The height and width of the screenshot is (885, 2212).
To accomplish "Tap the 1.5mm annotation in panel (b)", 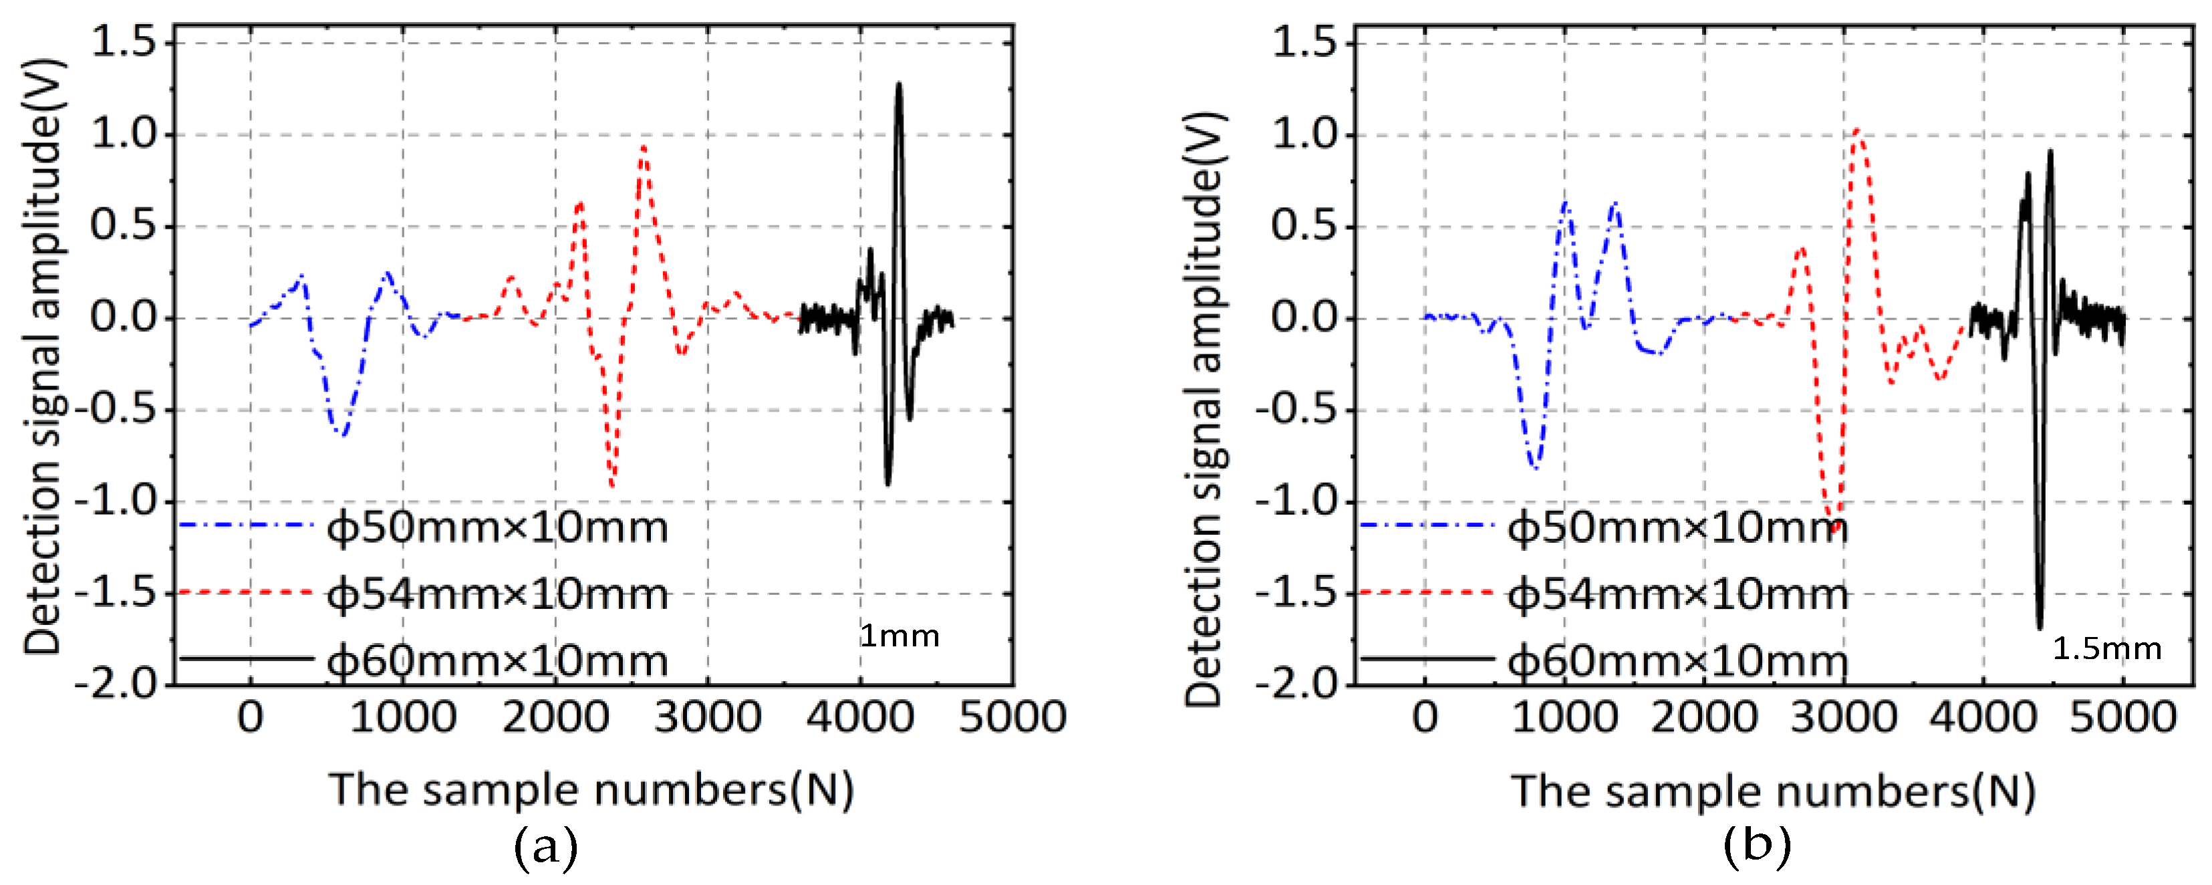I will (x=2106, y=649).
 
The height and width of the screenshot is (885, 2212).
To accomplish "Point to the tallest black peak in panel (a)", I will (x=898, y=85).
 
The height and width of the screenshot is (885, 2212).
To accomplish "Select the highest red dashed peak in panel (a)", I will (x=643, y=148).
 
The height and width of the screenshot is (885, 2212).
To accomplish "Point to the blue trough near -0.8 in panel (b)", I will (x=1534, y=467).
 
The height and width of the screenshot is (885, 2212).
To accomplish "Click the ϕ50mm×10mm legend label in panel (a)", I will (x=497, y=527).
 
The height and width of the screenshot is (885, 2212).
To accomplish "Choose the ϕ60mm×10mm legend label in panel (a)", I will (x=497, y=662).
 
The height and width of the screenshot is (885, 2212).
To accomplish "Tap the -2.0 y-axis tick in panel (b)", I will (x=1296, y=684).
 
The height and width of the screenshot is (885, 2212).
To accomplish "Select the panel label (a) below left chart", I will (x=546, y=848).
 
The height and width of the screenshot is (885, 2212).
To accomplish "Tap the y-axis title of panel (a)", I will (x=43, y=356).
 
